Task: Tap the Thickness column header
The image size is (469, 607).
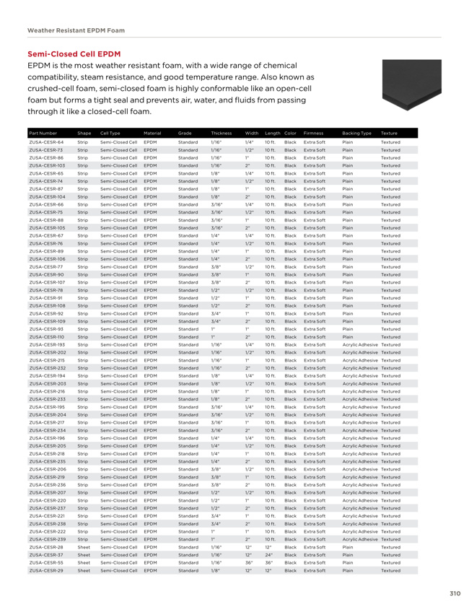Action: tap(221, 134)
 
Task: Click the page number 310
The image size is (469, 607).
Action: tap(454, 593)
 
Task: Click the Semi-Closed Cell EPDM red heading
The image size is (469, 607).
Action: tap(74, 54)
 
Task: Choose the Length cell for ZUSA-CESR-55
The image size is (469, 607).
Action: tap(271, 562)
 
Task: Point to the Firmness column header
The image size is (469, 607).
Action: tap(314, 134)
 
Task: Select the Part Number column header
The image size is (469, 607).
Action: tap(43, 134)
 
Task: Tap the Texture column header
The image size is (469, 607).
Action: tap(389, 134)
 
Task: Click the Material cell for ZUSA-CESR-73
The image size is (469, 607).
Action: tap(151, 150)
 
